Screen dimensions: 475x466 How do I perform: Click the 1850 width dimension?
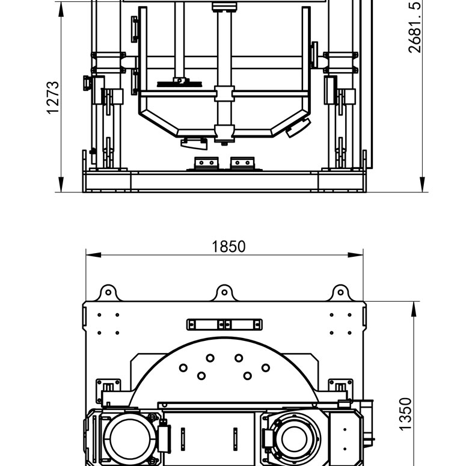click(228, 247)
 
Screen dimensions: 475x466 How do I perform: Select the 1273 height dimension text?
click(53, 97)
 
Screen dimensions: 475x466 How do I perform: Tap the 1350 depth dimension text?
click(405, 414)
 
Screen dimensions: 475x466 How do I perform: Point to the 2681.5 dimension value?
click(414, 26)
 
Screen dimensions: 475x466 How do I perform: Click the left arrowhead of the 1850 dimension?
click(93, 255)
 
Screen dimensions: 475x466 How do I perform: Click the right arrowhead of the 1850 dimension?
click(355, 255)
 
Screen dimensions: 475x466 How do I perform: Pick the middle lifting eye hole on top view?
click(224, 292)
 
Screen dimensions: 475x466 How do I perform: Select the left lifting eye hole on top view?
click(108, 292)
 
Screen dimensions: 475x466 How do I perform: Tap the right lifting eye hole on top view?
click(340, 292)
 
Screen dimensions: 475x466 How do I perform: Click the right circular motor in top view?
click(294, 439)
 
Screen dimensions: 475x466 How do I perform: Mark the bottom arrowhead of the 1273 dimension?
click(61, 185)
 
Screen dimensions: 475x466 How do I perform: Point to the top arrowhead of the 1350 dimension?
click(414, 309)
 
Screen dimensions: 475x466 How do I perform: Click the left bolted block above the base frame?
click(207, 164)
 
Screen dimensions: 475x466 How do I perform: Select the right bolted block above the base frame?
click(242, 164)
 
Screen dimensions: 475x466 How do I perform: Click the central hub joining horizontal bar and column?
click(224, 94)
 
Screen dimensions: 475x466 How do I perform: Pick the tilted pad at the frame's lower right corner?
click(298, 128)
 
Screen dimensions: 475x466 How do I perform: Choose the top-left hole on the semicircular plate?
click(210, 358)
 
